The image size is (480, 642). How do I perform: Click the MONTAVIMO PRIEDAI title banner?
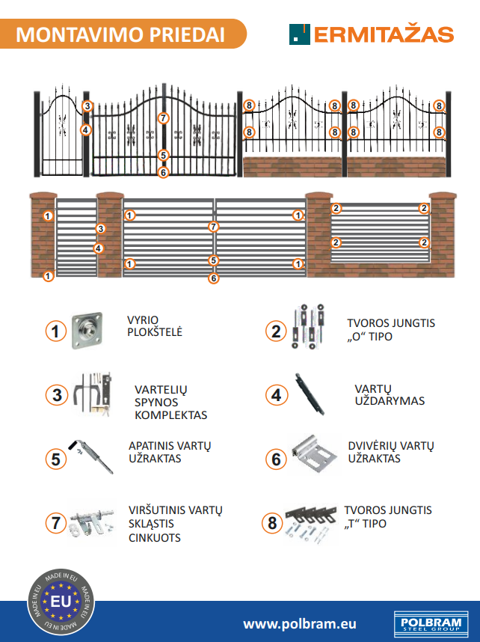pos(123,34)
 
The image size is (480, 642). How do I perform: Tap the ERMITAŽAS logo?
pos(372,34)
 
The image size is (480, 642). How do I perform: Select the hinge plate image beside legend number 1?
pos(87,331)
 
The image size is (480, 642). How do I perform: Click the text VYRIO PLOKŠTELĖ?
pos(155,326)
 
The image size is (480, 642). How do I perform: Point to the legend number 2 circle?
pos(276,331)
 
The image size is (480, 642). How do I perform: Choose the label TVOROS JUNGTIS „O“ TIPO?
pos(391,329)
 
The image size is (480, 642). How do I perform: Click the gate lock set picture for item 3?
pos(93,394)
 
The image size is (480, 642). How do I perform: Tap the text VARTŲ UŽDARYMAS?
pos(390,394)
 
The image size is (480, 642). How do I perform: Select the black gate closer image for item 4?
pos(310,394)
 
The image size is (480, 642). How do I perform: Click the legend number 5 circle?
pos(56,459)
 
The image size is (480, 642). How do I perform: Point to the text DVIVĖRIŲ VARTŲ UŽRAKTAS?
pos(391,452)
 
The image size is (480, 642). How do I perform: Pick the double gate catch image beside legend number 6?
pos(315,454)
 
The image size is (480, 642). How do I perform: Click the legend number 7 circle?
pos(56,523)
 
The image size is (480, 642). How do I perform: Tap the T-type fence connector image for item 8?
pos(310,524)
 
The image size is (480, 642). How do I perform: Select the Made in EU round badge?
pos(61,602)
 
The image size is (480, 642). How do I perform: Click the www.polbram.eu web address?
pos(300,623)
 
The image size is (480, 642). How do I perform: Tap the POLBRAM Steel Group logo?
pos(431,623)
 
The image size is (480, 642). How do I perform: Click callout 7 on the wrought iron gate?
pos(163,118)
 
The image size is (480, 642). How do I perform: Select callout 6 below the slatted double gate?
pos(213,278)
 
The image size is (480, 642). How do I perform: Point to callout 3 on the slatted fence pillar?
pos(100,228)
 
